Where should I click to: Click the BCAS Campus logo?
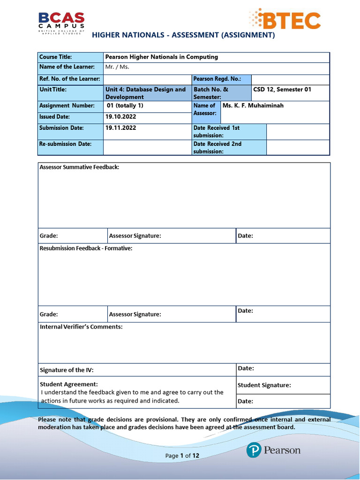(x=61, y=22)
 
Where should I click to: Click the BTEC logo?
(x=285, y=19)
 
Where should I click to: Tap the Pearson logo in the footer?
(x=273, y=450)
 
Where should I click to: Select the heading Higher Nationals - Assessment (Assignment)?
(x=183, y=35)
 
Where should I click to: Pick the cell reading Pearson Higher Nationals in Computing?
(x=162, y=57)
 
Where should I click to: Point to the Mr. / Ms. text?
(x=117, y=67)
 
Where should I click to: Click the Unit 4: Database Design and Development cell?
(x=146, y=93)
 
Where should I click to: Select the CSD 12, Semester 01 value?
(x=282, y=90)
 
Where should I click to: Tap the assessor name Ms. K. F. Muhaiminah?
(x=253, y=106)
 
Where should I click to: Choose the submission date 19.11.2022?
(x=121, y=127)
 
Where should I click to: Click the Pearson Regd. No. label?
(x=217, y=79)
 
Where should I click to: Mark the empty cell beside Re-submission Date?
(x=147, y=147)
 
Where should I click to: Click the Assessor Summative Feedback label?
(x=79, y=167)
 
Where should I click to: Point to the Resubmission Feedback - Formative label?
(x=86, y=248)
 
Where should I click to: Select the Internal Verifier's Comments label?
(x=81, y=327)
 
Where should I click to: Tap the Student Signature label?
(x=264, y=385)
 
